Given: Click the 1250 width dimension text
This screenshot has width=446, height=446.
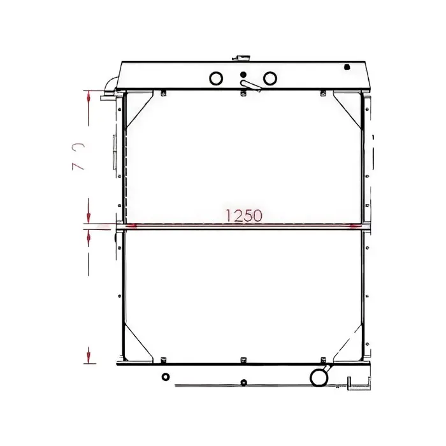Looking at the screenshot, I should pyautogui.click(x=243, y=215).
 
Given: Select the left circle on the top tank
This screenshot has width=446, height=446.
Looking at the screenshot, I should pyautogui.click(x=215, y=78).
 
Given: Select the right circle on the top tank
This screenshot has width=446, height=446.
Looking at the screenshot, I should pyautogui.click(x=270, y=78).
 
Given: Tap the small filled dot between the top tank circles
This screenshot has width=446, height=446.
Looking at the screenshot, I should pyautogui.click(x=243, y=75).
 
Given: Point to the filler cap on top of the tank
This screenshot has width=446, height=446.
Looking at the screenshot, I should pyautogui.click(x=242, y=58).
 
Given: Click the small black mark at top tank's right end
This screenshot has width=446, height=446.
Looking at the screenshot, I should pyautogui.click(x=347, y=66).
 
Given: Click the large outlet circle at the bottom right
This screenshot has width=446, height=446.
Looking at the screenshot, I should pyautogui.click(x=318, y=377).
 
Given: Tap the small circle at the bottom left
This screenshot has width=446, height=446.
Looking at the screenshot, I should pyautogui.click(x=166, y=377).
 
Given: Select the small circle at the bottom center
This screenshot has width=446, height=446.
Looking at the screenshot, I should pyautogui.click(x=243, y=382).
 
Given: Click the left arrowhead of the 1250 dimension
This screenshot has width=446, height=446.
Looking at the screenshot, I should pyautogui.click(x=131, y=225).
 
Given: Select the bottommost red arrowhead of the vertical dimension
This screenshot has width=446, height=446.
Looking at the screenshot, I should pyautogui.click(x=89, y=354).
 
